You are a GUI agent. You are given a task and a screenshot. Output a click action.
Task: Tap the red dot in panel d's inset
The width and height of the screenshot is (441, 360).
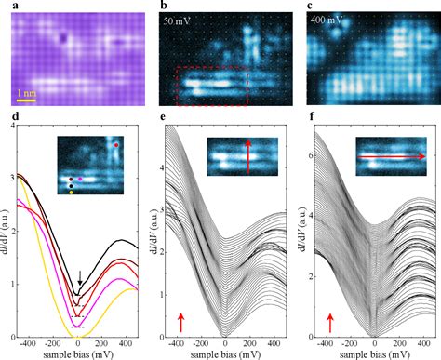(x=114, y=145)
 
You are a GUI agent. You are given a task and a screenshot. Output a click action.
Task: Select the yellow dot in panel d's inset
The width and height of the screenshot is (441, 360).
(x=72, y=193)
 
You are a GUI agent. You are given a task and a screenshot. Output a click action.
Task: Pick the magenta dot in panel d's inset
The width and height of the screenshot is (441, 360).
(x=80, y=177)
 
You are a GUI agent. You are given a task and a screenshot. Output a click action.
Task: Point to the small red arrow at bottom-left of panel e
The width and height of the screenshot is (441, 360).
(x=180, y=322)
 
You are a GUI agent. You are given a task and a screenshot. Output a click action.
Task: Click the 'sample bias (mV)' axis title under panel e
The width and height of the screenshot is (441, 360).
(x=222, y=354)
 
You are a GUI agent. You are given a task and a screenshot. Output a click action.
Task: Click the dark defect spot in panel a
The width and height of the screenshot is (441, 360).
(x=62, y=38)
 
